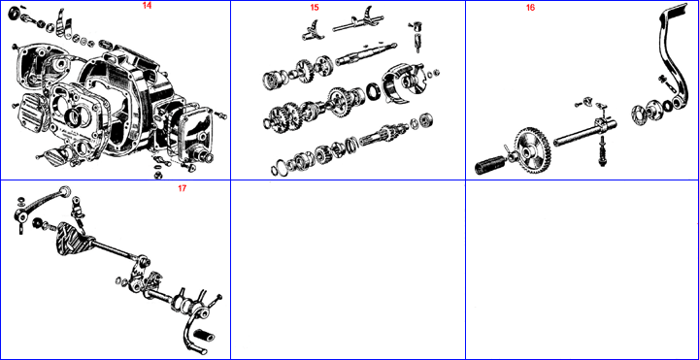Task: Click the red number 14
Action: point(147,6)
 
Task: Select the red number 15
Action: point(315,8)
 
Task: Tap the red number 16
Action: point(530,8)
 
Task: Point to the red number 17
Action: point(182,188)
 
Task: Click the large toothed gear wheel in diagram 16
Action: point(533,151)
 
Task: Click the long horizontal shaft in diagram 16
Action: point(584,133)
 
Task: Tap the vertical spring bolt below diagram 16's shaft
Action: point(603,151)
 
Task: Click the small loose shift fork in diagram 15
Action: point(312,31)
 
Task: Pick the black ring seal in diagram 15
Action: point(373,92)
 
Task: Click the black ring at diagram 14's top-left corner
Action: point(15,14)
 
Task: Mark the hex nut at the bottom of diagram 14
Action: point(157,175)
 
